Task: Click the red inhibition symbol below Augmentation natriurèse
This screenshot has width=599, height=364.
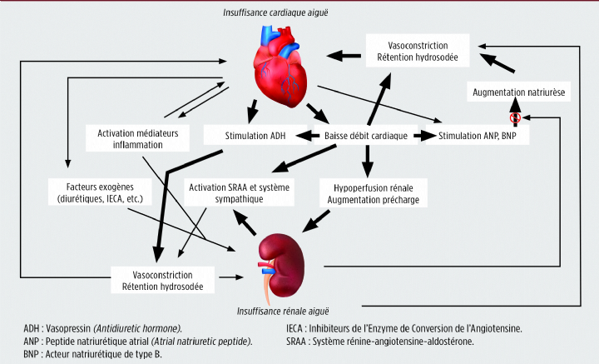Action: (515, 117)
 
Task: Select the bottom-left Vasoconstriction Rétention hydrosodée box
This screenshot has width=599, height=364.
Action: (163, 280)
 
